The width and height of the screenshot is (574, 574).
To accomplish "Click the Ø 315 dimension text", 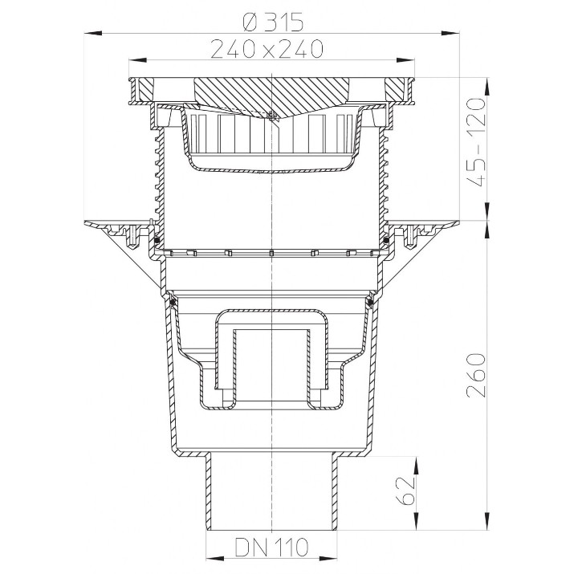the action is tap(273, 22).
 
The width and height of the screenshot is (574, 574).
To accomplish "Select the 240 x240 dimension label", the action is tap(267, 49).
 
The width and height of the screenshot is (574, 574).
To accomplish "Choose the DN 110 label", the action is tap(271, 548).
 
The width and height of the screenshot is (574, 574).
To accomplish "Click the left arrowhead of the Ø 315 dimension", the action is tap(93, 33).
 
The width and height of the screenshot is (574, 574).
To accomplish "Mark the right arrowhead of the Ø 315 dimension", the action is tap(450, 33).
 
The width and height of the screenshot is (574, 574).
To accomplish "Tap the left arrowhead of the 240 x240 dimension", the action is tap(137, 60).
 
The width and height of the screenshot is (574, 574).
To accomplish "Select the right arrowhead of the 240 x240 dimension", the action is tap(405, 60).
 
